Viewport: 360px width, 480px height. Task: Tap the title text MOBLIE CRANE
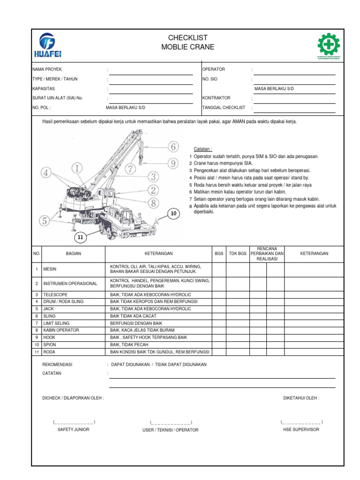point(187,47)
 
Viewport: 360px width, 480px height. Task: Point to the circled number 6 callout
point(172,147)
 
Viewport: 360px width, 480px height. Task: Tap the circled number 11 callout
point(80,238)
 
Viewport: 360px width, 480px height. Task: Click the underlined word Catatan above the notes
point(203,149)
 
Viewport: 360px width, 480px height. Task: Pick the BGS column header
point(219,254)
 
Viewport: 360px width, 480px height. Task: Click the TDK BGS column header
point(237,254)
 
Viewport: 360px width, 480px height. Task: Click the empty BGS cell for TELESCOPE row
point(219,294)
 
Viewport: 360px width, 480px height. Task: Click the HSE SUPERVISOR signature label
point(301,429)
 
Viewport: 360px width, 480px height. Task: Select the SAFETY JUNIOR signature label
point(73,429)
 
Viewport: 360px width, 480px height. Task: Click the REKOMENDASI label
point(58,364)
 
